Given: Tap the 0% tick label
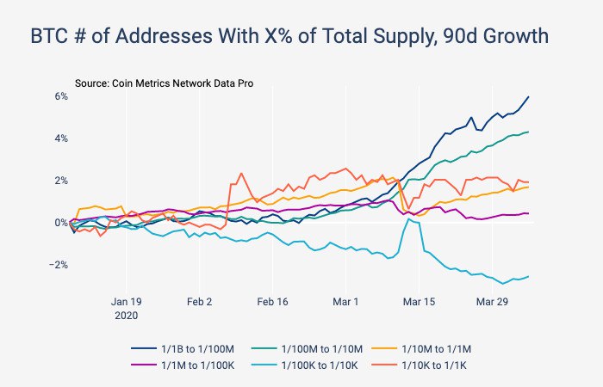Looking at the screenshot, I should tap(61, 223).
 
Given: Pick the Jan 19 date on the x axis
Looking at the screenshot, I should tap(127, 302).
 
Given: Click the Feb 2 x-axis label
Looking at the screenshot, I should tap(200, 302).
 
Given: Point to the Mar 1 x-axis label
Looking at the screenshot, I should tap(345, 302).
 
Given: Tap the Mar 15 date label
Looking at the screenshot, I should tap(419, 302).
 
